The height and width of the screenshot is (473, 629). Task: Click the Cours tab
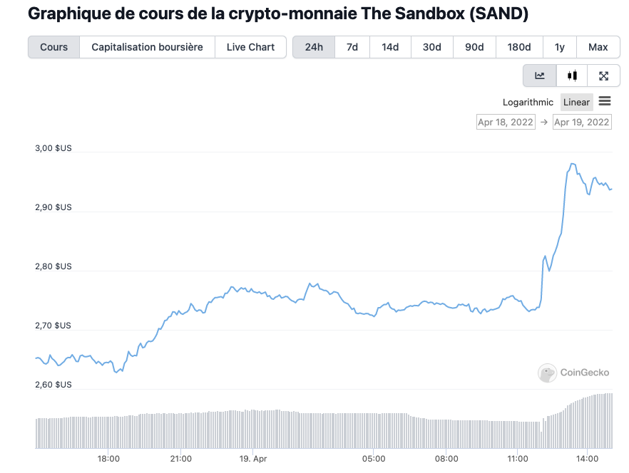(54, 47)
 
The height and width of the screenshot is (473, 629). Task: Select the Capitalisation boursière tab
(147, 47)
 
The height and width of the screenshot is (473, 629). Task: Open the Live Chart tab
(250, 47)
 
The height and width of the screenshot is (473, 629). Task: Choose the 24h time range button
(314, 47)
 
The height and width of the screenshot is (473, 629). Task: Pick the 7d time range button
(352, 47)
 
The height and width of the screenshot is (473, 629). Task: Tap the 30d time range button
(431, 47)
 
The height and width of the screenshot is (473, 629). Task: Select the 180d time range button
(518, 47)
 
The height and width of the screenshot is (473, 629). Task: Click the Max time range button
(598, 47)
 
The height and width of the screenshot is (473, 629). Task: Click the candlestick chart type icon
(572, 76)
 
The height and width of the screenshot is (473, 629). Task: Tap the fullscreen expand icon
(603, 76)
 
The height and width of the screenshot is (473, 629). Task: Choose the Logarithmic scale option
(528, 102)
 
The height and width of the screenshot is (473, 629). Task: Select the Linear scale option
(576, 102)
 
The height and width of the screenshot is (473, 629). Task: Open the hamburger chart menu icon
(605, 101)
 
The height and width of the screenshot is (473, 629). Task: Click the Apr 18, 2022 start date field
(506, 122)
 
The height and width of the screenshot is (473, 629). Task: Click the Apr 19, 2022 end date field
(582, 122)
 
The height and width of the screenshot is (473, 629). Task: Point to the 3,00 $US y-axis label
(53, 148)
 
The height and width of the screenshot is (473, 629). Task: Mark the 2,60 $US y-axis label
(53, 385)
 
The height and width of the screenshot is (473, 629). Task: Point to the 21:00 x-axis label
(181, 459)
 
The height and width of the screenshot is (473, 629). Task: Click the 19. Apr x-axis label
(253, 459)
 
